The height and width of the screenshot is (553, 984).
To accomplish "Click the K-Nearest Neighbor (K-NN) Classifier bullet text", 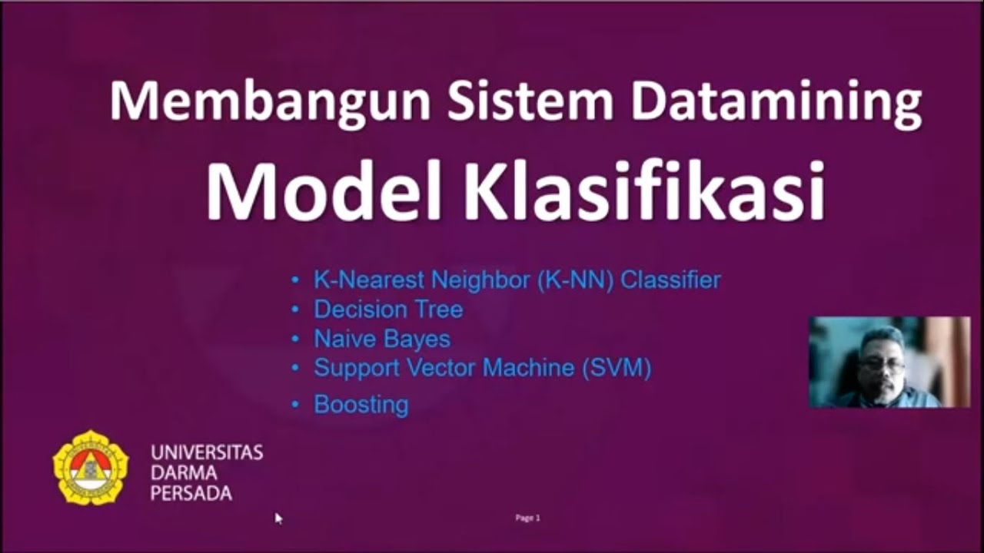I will [x=517, y=280].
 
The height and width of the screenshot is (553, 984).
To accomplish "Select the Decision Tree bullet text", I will [x=387, y=310].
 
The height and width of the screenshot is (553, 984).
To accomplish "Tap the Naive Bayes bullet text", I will [x=381, y=339].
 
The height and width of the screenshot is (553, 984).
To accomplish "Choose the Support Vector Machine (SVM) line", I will [x=482, y=368].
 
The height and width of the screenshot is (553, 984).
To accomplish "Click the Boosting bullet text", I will [x=361, y=405].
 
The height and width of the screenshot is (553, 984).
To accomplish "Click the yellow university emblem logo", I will [x=91, y=467].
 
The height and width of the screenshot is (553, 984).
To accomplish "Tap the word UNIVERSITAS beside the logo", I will [x=207, y=452].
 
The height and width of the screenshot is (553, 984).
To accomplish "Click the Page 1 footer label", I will [x=527, y=518].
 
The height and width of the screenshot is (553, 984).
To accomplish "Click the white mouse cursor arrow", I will [x=278, y=518].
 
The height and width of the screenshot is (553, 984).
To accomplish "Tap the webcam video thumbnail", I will [x=889, y=362].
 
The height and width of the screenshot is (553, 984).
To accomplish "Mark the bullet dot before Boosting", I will [x=296, y=405].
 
